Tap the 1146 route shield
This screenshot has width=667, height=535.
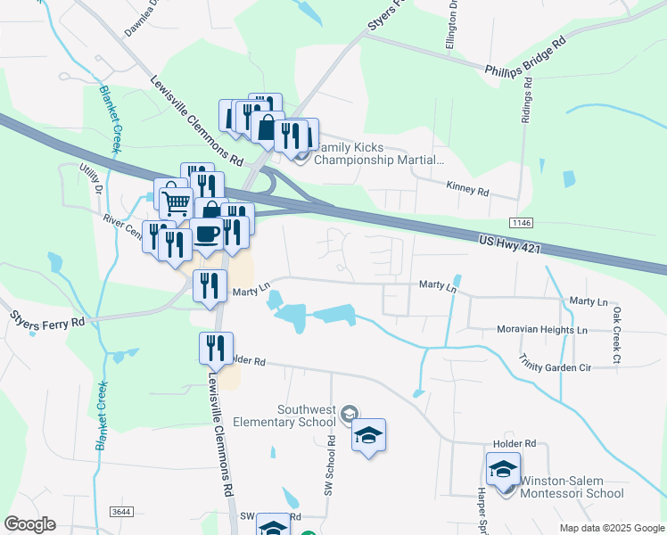(523, 222)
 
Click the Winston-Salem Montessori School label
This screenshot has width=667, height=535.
(572, 487)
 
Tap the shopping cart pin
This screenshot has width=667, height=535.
(177, 203)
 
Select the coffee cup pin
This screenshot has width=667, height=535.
(207, 235)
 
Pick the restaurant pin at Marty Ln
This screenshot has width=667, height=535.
(210, 285)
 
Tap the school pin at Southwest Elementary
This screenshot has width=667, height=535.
(368, 434)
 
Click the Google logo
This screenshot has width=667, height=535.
(29, 524)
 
